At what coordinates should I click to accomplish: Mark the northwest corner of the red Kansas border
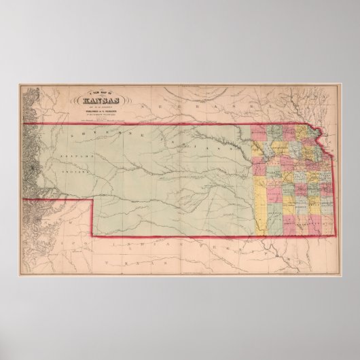[28, 124]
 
